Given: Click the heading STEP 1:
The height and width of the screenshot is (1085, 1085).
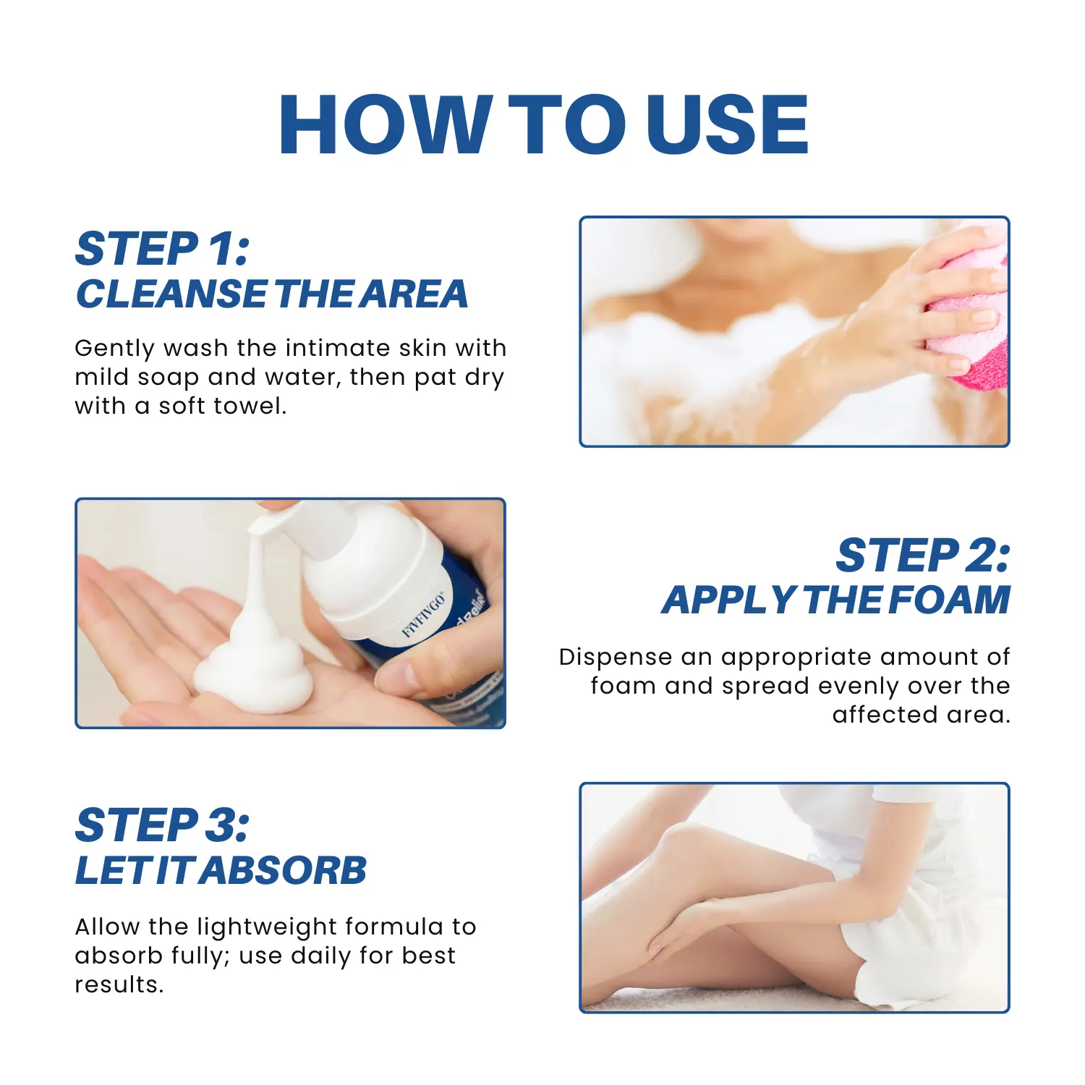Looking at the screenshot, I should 162,250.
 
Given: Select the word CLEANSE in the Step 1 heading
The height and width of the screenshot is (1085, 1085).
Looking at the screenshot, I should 171,294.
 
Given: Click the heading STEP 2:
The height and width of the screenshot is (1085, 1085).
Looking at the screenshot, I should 922,556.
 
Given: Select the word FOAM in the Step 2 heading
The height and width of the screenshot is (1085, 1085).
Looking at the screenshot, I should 949,600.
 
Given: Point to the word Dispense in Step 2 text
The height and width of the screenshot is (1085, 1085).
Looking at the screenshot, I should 616,658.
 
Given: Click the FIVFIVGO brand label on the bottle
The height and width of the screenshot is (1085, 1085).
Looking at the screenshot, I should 424,615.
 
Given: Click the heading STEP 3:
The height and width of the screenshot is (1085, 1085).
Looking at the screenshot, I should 162,825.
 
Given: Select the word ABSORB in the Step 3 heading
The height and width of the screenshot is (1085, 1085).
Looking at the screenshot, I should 284,870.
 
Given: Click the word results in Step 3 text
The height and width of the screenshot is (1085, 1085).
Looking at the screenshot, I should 118,985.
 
